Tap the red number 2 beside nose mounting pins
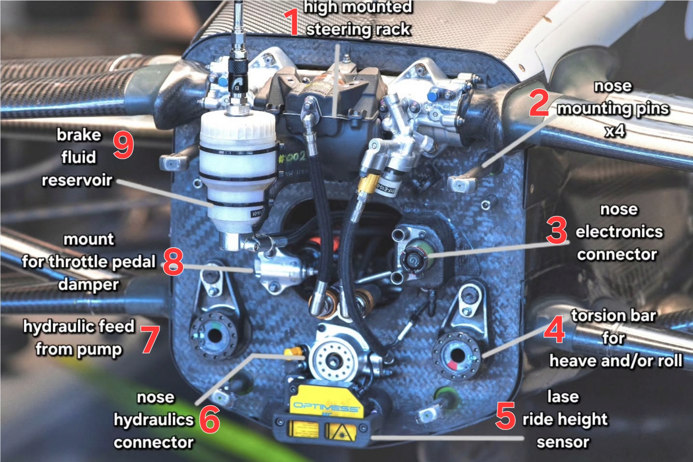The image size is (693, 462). point(539,103)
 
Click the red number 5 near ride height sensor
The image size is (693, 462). point(505,416)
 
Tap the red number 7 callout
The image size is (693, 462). point(150,339)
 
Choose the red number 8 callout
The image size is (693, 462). point(173,261)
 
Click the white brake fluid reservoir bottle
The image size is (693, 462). point(237,174)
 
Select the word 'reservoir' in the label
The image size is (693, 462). point(77,180)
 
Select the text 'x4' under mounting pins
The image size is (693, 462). point(615,131)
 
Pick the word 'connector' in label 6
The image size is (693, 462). point(153,443)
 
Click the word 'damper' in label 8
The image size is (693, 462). point(89,285)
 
